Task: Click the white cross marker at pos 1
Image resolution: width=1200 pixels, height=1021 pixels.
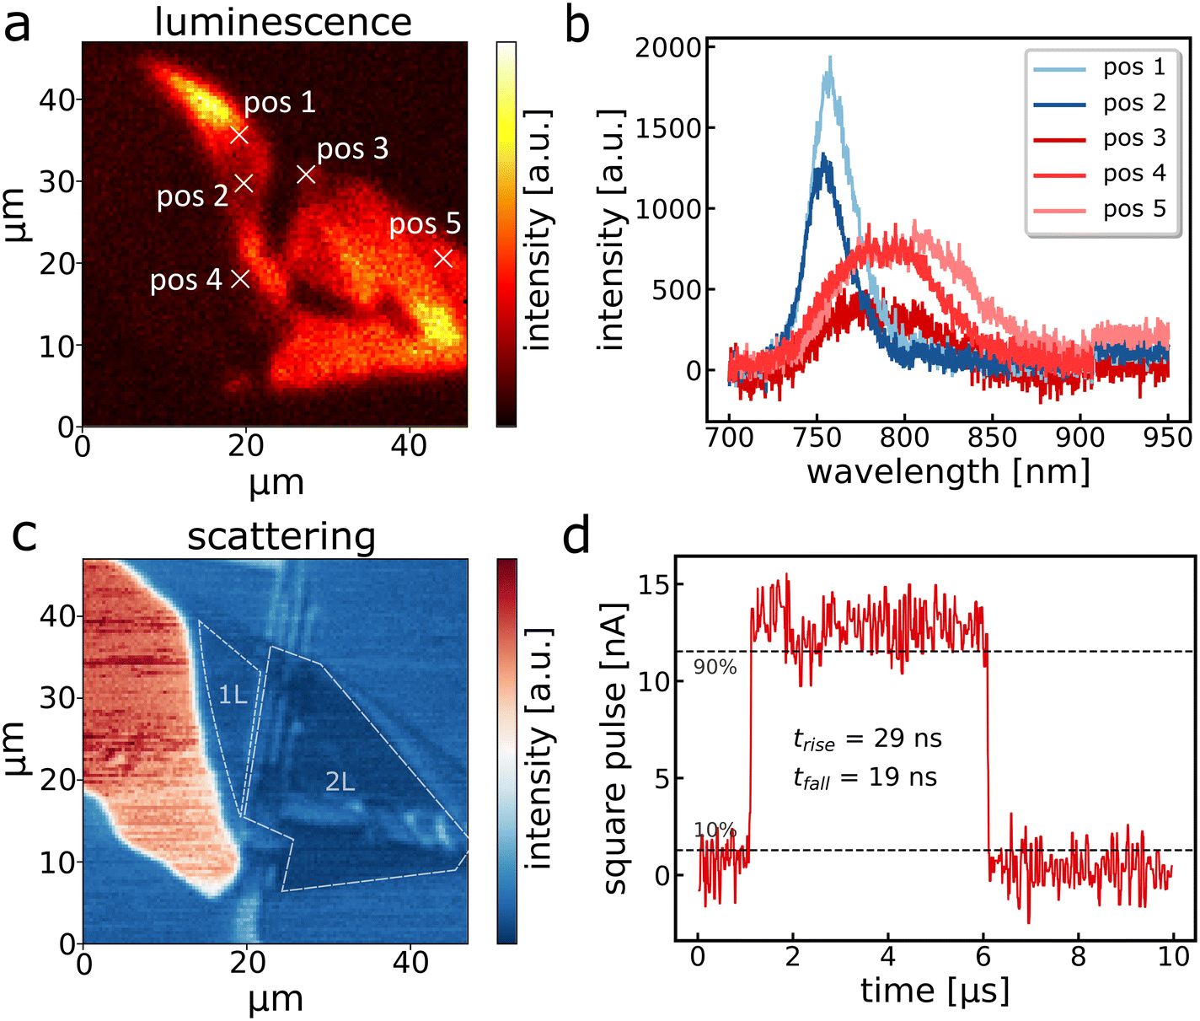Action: point(239,134)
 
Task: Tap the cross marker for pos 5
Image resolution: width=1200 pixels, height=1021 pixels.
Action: point(443,258)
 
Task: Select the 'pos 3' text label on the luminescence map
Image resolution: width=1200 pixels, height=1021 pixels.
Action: point(352,149)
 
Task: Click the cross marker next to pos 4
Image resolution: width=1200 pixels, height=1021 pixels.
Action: point(240,278)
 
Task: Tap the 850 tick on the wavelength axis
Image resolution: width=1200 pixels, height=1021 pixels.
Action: point(992,438)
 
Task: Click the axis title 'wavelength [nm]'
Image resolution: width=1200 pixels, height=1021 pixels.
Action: point(948,472)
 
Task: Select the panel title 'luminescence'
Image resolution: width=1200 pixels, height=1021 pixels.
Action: point(283,21)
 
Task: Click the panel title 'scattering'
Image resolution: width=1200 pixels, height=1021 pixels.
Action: point(281,537)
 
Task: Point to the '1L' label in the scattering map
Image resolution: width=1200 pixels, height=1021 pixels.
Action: point(233,695)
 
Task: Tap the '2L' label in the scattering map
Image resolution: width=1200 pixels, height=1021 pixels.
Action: point(340,782)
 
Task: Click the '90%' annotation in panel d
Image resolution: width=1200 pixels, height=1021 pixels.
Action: point(715,668)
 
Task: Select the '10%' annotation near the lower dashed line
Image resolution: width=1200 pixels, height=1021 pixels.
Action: point(715,830)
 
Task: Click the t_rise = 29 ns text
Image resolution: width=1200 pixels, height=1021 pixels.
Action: point(867,739)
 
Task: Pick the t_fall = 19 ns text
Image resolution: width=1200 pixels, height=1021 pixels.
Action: point(865,777)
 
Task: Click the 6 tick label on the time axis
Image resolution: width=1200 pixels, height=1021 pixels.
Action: point(983,956)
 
